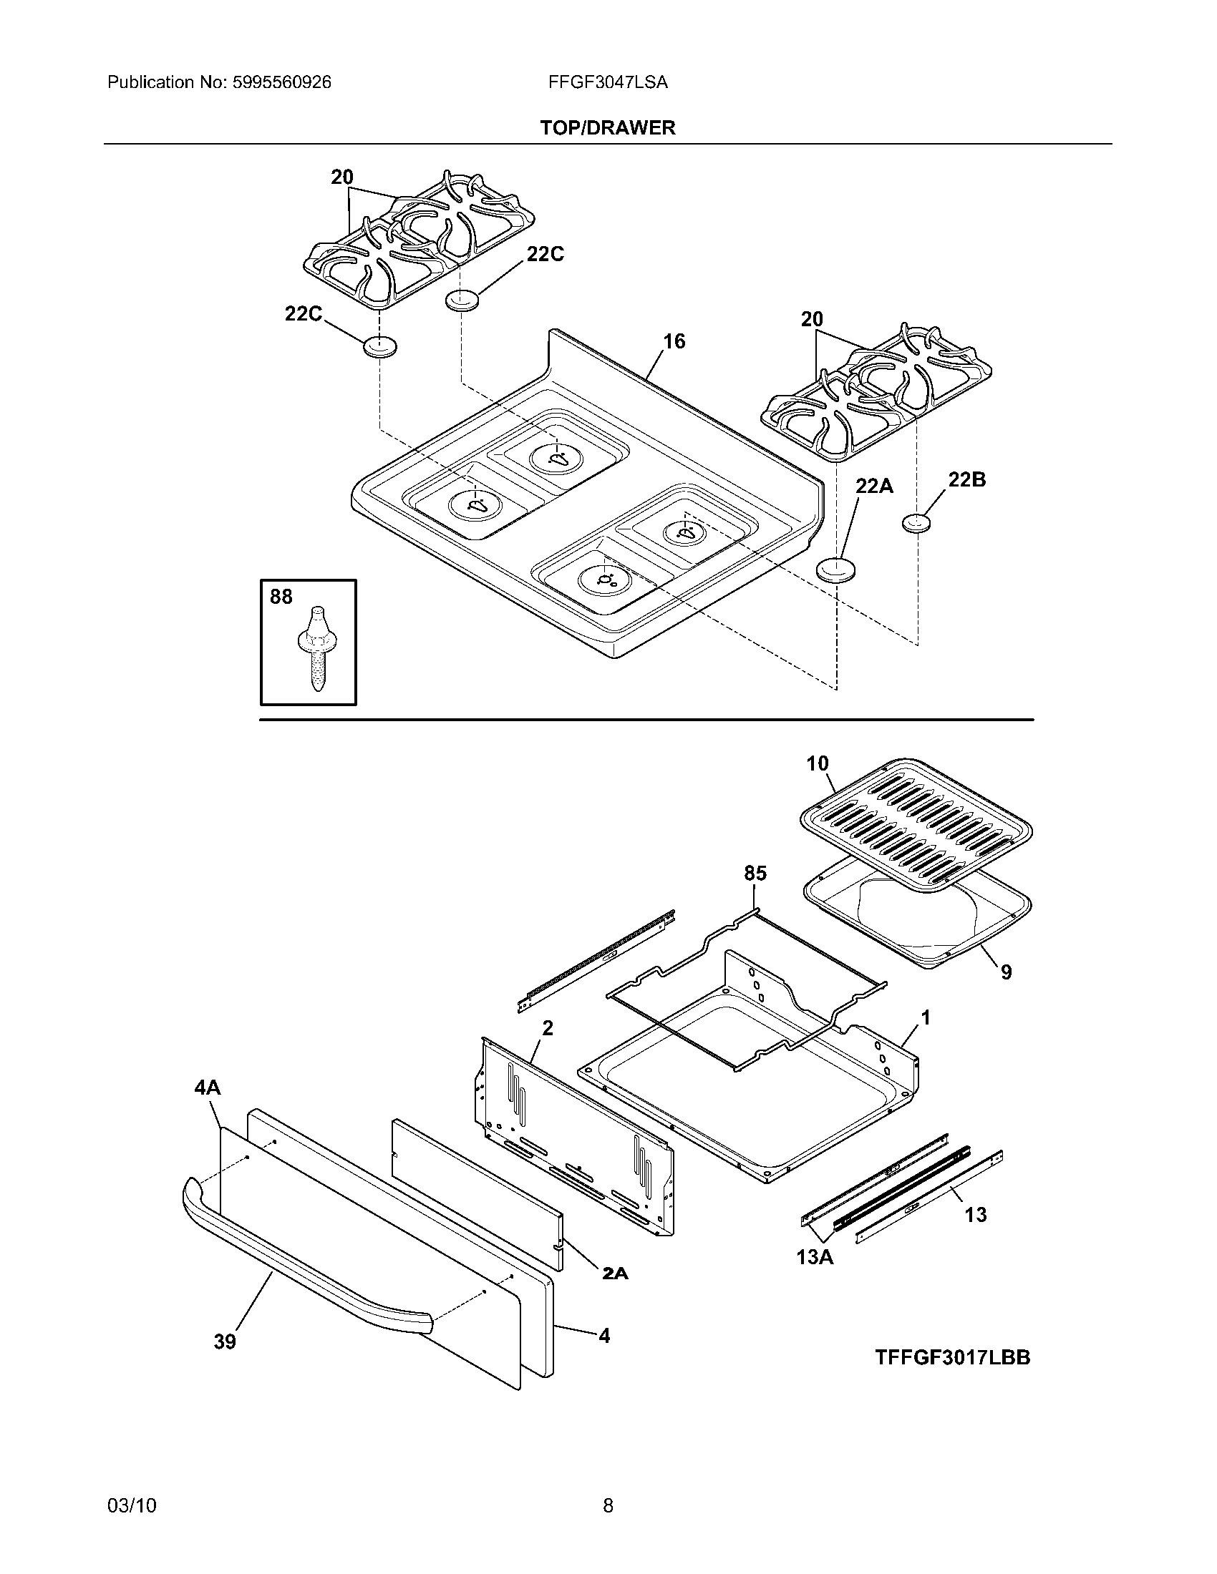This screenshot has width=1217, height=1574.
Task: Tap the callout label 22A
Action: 874,487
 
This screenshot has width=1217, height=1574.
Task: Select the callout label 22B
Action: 966,479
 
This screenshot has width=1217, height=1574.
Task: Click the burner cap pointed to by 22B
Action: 917,523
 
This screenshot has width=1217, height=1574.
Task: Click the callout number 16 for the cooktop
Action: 674,341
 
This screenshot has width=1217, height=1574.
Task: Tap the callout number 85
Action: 755,874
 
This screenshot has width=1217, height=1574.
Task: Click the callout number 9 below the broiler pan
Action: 1006,973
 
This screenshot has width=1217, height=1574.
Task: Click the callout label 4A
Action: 208,1087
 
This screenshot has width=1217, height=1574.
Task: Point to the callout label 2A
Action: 615,1274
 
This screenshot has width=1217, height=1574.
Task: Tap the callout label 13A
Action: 815,1258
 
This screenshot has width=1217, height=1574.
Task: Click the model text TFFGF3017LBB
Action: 952,1358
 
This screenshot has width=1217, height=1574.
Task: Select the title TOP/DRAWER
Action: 608,128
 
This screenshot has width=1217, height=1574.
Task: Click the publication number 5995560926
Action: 281,83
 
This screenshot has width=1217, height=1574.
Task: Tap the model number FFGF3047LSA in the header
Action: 608,83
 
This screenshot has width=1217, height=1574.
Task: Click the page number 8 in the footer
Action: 608,1505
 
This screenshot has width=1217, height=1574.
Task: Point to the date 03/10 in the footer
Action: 131,1505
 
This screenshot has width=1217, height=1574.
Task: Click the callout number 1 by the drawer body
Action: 925,1018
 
